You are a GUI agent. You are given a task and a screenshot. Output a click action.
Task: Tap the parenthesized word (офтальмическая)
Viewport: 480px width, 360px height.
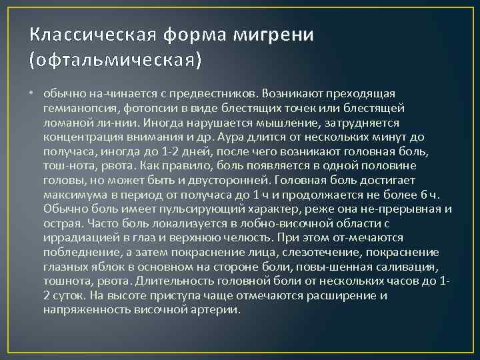pos(115,61)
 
